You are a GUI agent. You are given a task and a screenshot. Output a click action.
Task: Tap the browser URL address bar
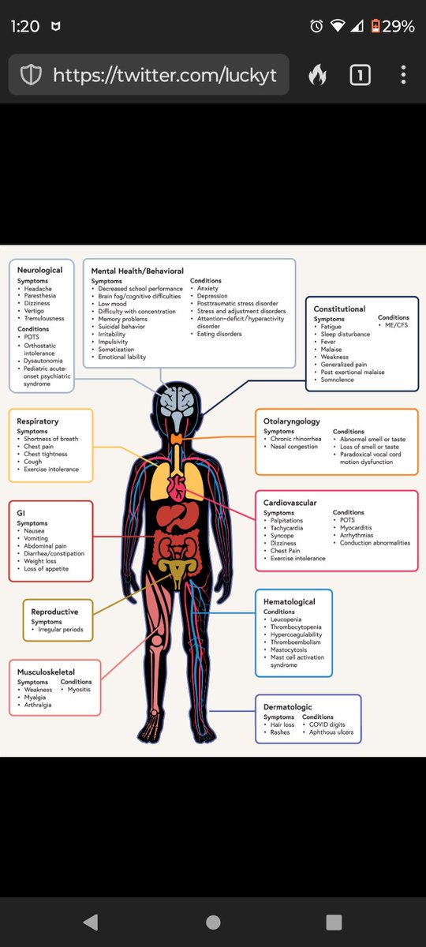pos(149,75)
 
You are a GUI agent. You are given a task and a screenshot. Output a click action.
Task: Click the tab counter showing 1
pos(360,75)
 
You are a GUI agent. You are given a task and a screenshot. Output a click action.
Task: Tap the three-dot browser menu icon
pos(404,75)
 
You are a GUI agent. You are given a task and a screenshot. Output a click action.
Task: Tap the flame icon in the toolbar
pos(317,74)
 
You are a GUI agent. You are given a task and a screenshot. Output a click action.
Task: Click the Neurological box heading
pos(39,270)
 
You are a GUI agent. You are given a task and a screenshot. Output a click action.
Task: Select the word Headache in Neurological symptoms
pos(38,288)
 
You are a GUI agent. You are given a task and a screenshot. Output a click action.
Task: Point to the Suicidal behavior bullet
pos(121,327)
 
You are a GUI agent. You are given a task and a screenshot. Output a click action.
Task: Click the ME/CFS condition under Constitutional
pos(396,324)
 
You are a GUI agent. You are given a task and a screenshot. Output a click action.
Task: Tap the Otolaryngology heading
pos(292,421)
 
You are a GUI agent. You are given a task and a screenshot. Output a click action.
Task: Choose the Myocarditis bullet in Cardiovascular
pos(356,528)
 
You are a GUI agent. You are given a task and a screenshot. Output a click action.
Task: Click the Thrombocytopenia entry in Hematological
pos(296,627)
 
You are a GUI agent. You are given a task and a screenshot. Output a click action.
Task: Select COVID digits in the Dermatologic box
pos(327,724)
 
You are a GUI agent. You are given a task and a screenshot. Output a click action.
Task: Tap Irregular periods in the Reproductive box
pos(61,630)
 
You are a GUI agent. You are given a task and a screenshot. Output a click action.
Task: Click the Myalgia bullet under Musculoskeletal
pos(35,697)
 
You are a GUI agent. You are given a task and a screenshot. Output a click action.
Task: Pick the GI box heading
pos(21,513)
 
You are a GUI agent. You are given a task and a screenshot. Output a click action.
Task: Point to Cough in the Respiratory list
pos(33,462)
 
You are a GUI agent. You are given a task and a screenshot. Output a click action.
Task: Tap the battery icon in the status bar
pos(375,26)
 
